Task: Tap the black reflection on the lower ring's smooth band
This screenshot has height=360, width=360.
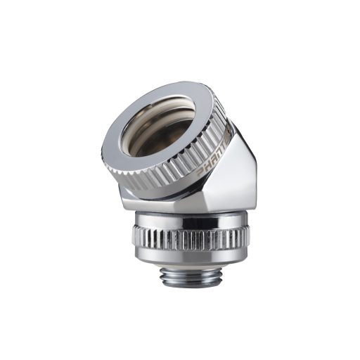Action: tap(185, 220)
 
